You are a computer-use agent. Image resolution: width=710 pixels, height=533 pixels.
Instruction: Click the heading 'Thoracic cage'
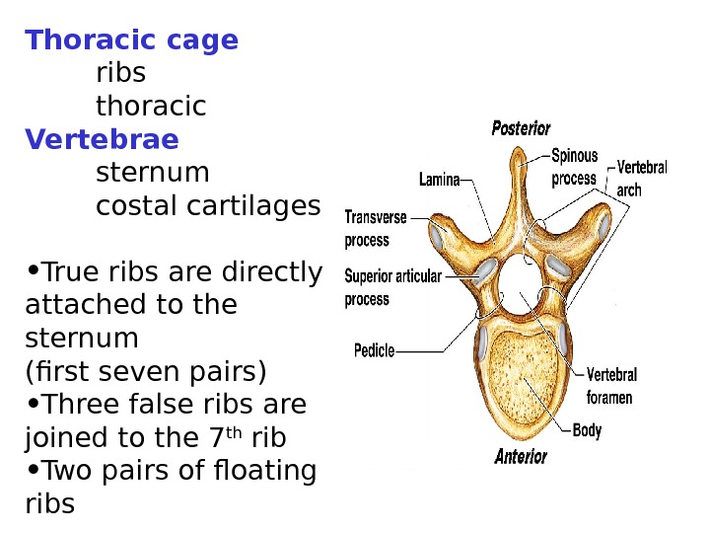pos(131,40)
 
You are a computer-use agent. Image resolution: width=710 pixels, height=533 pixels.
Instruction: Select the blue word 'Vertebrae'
pos(102,139)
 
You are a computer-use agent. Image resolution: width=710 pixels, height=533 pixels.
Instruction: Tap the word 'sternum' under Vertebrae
pos(153,173)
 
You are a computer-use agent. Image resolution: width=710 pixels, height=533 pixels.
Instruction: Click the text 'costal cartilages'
pos(208,206)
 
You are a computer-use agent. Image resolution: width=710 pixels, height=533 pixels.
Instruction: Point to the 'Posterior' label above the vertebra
pos(521,128)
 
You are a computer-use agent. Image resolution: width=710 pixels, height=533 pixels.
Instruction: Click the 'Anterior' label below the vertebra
pos(521,457)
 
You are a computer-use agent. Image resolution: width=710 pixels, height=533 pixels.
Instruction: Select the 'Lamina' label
pos(439,180)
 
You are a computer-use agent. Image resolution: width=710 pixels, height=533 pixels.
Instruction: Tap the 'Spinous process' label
pos(574,167)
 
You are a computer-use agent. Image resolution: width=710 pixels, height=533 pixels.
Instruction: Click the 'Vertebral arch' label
pos(641,178)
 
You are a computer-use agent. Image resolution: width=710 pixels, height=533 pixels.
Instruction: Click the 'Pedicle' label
pos(374,348)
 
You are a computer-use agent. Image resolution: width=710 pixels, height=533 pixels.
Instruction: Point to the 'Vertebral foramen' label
pos(611,386)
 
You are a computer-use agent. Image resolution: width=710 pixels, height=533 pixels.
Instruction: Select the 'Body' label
pos(587,430)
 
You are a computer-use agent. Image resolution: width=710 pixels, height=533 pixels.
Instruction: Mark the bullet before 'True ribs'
pos(34,270)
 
